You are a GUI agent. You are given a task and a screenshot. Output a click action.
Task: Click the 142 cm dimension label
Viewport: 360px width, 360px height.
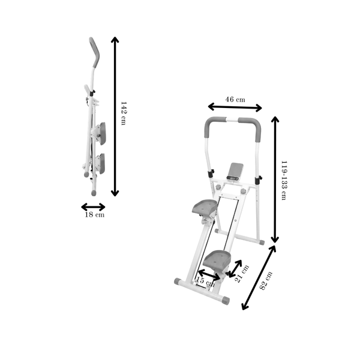(x=123, y=113)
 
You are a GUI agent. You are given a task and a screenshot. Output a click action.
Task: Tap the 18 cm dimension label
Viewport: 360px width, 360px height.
(x=95, y=215)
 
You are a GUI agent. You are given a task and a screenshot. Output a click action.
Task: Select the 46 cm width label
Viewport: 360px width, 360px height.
(x=235, y=100)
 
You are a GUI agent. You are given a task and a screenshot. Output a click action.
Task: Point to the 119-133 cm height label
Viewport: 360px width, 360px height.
(x=284, y=181)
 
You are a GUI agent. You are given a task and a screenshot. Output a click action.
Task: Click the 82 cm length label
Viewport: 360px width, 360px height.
(x=266, y=280)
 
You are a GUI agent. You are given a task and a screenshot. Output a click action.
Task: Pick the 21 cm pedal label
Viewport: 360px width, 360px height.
(x=242, y=274)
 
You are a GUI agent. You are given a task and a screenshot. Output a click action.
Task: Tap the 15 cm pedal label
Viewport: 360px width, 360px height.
(x=205, y=281)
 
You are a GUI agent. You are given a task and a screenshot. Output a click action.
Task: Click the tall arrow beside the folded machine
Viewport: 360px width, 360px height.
(x=115, y=116)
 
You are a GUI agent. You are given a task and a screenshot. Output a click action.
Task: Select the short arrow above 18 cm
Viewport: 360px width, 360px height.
(x=93, y=207)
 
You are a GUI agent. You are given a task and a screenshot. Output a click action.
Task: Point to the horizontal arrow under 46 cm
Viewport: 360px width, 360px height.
(x=235, y=107)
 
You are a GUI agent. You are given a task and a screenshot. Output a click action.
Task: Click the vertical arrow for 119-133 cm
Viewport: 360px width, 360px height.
(x=275, y=179)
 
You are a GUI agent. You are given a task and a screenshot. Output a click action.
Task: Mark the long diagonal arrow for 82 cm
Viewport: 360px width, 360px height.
(x=259, y=278)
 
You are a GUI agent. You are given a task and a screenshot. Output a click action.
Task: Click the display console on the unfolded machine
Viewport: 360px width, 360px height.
(x=235, y=172)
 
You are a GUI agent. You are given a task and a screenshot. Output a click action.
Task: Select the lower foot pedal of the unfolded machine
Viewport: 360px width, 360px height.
(x=217, y=260)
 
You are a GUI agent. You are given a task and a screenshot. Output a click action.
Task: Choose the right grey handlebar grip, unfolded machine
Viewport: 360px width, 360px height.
(x=252, y=128)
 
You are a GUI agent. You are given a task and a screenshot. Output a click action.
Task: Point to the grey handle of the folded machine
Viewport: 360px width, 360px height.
(x=95, y=52)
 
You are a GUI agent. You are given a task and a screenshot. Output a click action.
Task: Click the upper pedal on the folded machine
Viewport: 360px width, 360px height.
(x=102, y=134)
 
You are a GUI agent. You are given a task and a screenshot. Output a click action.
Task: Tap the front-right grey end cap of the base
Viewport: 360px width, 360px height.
(x=226, y=301)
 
